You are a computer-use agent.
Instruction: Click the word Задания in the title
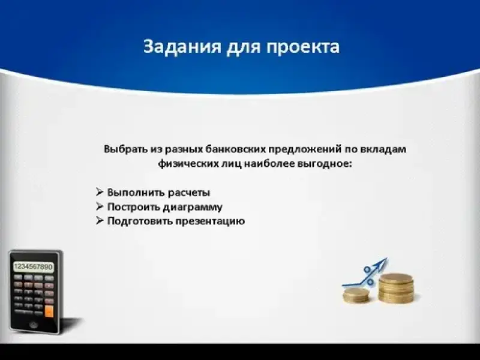[182, 47]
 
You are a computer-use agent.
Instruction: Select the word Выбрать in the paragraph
[126, 149]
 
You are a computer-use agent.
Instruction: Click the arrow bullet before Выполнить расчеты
[100, 192]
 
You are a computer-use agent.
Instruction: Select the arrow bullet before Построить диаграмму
[100, 206]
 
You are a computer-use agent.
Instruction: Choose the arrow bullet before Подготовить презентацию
[100, 220]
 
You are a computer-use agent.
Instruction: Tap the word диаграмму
[193, 207]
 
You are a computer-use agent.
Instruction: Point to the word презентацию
[210, 221]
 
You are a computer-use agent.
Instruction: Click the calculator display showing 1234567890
[34, 266]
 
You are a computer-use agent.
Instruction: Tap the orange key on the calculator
[49, 311]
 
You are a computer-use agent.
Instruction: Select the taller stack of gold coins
[396, 288]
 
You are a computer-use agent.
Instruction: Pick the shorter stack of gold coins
[356, 295]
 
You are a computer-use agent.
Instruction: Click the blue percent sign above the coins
[368, 275]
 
